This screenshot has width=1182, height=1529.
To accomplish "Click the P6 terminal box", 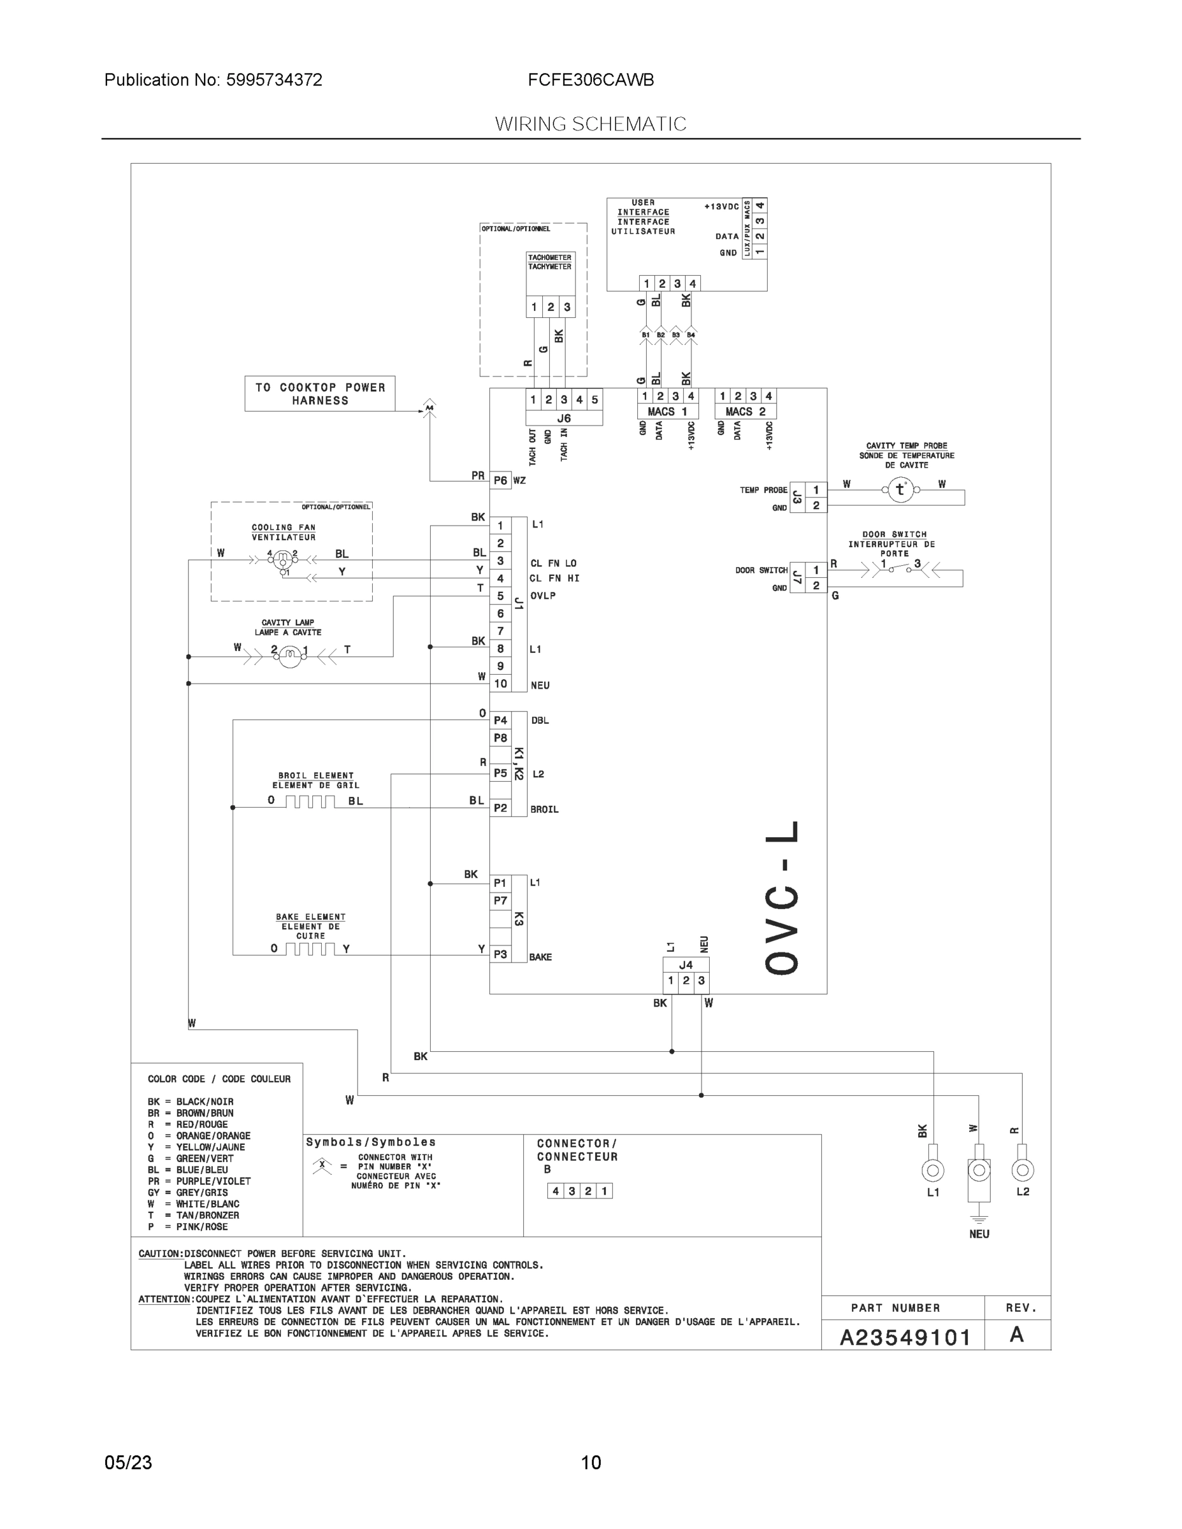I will [500, 480].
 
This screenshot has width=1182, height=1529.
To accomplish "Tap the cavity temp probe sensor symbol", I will [900, 489].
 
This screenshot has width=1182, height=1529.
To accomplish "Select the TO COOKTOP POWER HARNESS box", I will [320, 394].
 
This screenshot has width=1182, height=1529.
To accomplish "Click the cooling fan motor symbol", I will [283, 559].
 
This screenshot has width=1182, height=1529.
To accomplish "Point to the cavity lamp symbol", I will [289, 656].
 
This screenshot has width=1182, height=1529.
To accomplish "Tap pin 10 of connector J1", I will [500, 684].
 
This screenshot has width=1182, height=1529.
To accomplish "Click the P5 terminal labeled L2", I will [500, 773].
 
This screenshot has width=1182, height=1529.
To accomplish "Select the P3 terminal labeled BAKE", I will [500, 954].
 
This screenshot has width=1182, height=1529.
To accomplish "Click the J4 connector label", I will [686, 965].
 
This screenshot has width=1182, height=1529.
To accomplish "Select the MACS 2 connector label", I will [745, 412].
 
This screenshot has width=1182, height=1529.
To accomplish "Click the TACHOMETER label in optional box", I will [550, 257].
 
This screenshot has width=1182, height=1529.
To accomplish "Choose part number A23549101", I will [905, 1338].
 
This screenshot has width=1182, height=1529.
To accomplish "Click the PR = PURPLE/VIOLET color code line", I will [199, 1181].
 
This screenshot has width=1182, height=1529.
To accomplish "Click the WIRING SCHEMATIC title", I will [590, 124].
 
